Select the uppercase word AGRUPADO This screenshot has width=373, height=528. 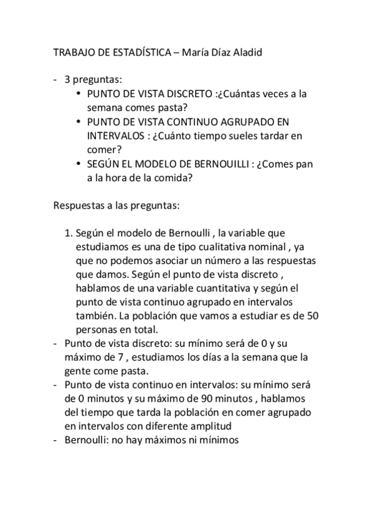(x=238, y=121)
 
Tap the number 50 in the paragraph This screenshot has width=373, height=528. (x=313, y=316)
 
